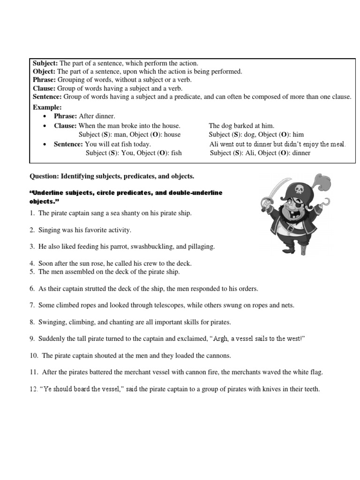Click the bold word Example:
point(47,107)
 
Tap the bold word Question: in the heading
point(44,176)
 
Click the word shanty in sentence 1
point(123,213)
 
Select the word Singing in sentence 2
point(50,230)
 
